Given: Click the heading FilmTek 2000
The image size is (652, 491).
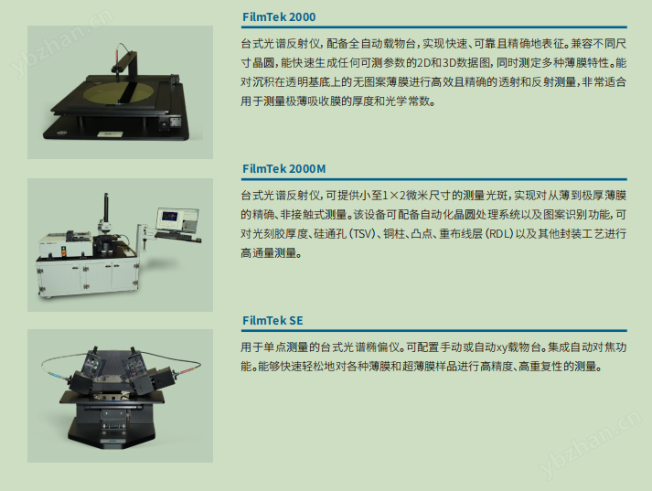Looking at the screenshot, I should point(280,16).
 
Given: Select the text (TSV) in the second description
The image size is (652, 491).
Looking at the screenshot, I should point(369,233).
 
